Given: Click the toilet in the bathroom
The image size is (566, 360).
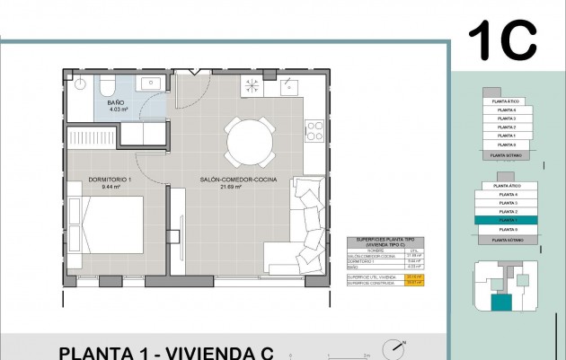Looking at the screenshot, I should pyautogui.click(x=105, y=85).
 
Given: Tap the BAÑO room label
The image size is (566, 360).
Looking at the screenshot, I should pyautogui.click(x=115, y=103).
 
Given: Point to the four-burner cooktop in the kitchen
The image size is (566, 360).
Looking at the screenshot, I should pyautogui.click(x=315, y=131).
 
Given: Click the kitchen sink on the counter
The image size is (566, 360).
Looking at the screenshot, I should pyautogui.click(x=289, y=86).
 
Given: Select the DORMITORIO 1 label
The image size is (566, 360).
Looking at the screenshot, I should pyautogui.click(x=109, y=180).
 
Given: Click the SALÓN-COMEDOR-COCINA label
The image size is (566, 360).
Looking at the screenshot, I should pyautogui.click(x=238, y=180).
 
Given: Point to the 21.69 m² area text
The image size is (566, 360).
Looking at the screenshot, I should pyautogui.click(x=238, y=189).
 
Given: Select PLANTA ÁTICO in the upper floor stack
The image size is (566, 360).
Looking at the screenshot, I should pyautogui.click(x=508, y=91).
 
